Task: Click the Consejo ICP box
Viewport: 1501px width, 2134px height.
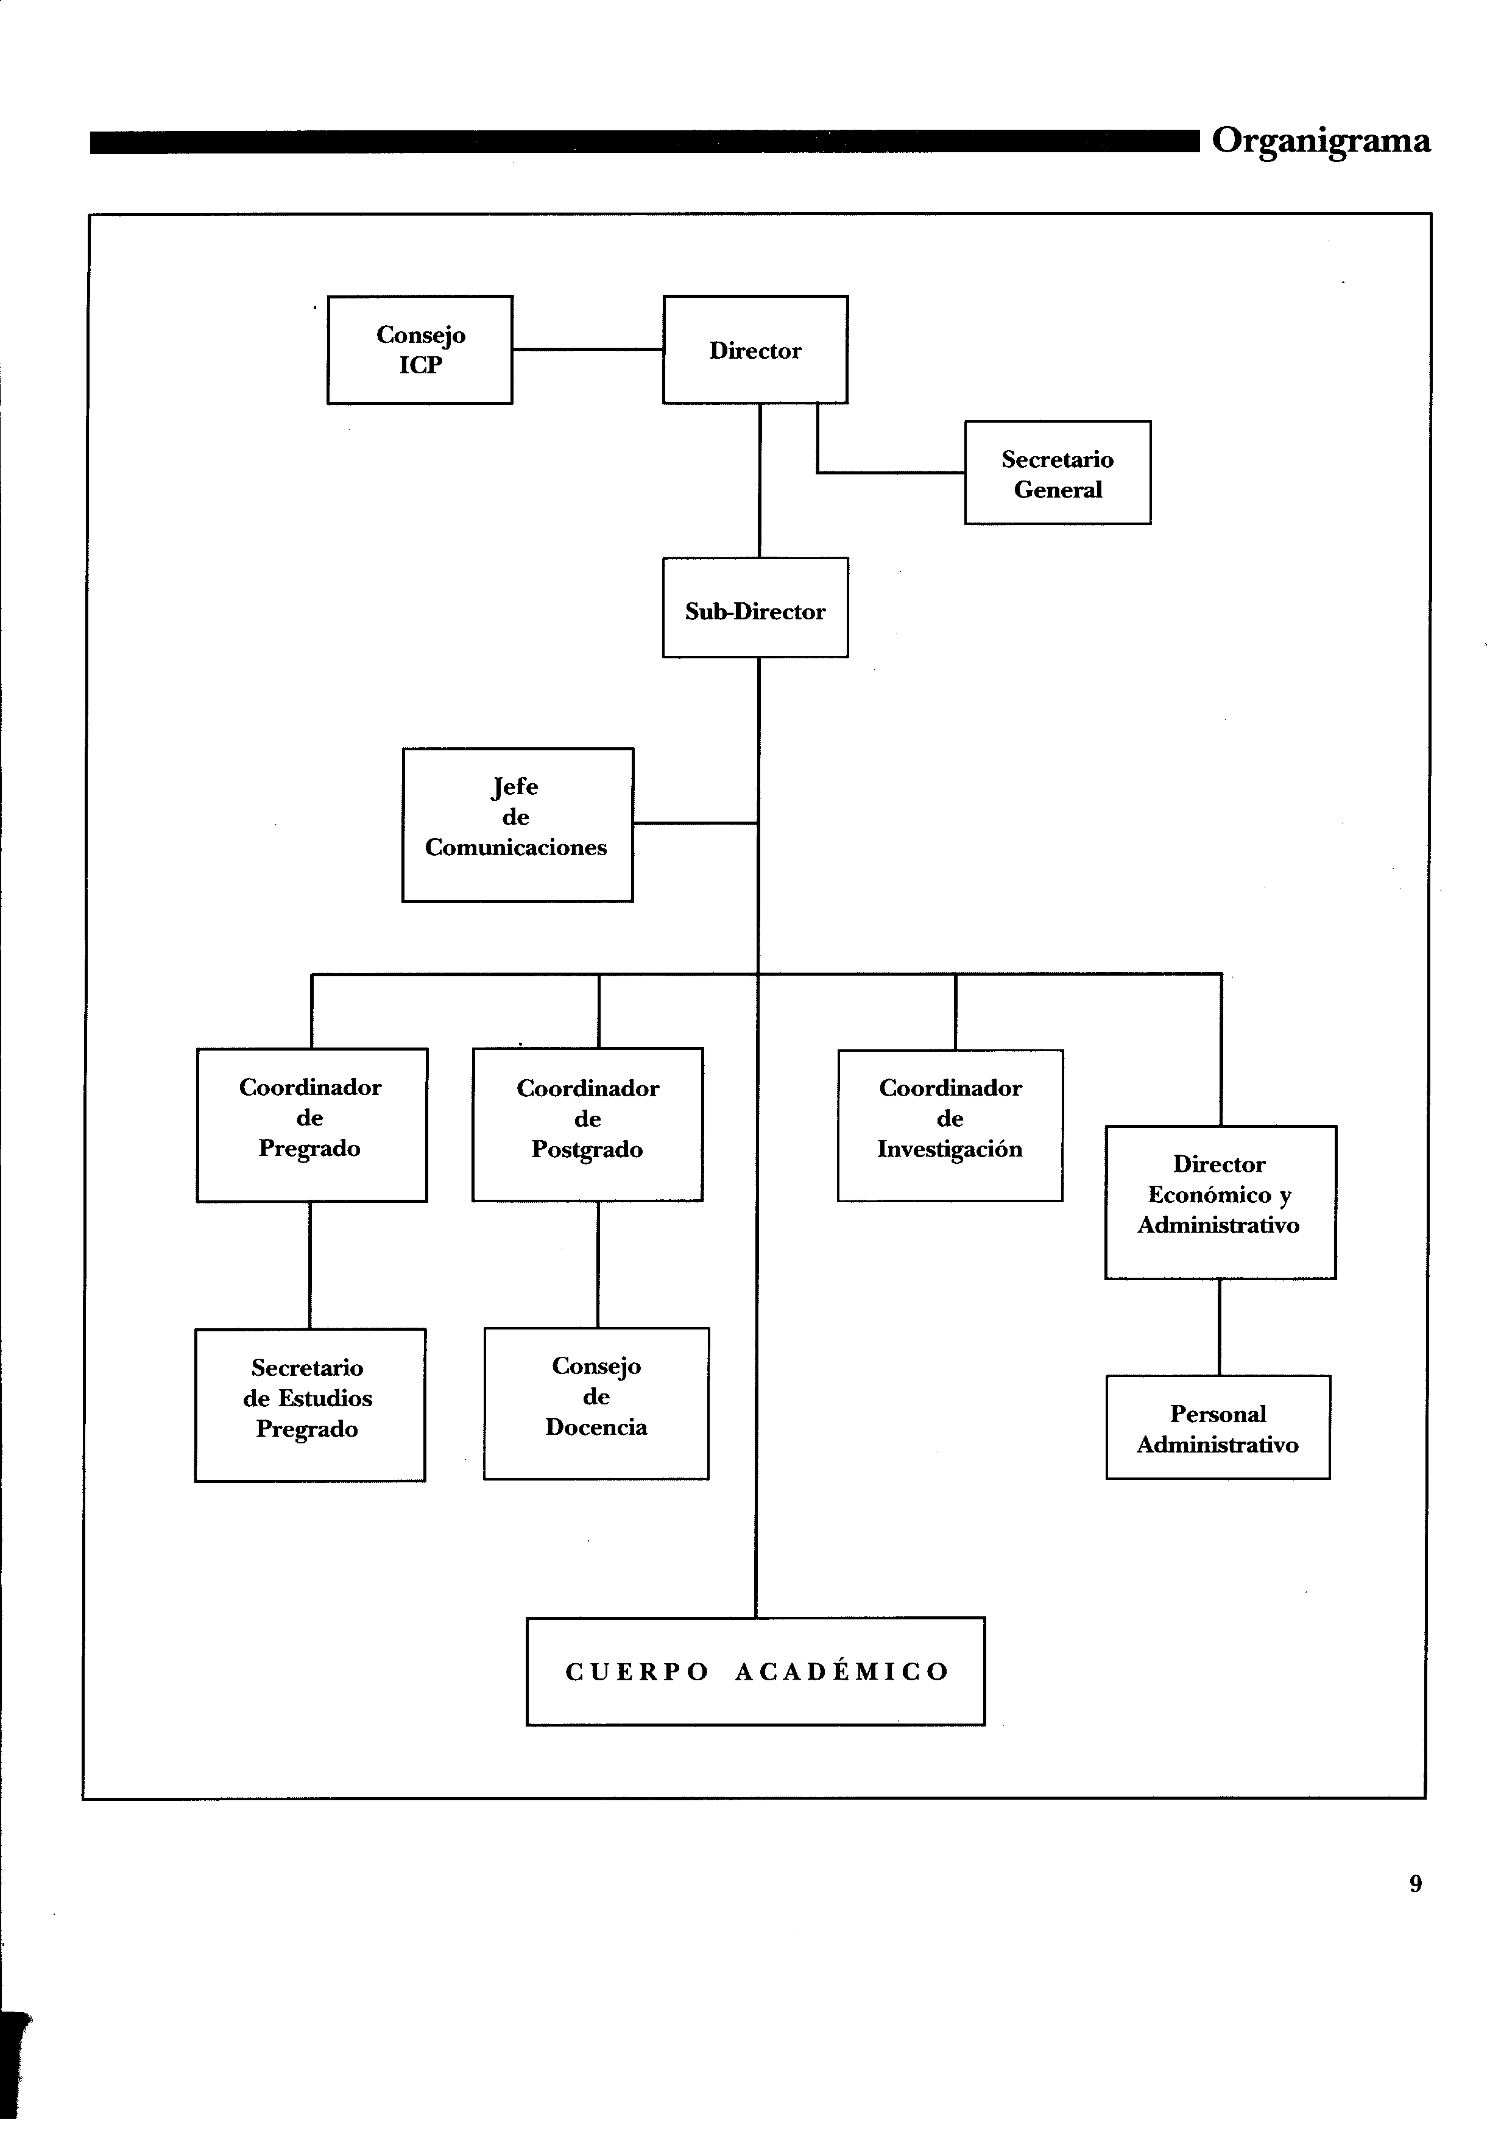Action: click(x=420, y=350)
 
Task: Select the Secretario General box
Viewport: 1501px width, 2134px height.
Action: click(x=1058, y=473)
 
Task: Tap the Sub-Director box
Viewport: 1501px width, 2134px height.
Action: click(x=755, y=608)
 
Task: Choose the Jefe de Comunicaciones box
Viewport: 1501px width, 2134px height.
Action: click(x=518, y=825)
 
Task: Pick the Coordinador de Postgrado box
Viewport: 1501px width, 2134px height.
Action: click(x=587, y=1125)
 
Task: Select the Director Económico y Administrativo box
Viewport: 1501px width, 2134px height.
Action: click(x=1220, y=1203)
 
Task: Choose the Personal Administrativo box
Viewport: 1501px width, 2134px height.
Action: click(x=1218, y=1427)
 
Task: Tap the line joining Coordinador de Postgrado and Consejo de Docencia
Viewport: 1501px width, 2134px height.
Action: click(x=598, y=1264)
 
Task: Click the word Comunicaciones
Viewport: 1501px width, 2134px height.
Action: click(x=516, y=848)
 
